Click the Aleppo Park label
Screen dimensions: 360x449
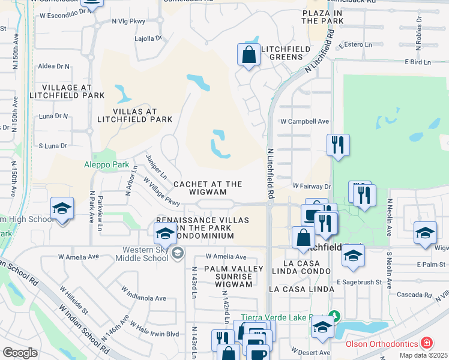click(x=107, y=164)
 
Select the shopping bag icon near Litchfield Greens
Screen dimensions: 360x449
click(x=248, y=56)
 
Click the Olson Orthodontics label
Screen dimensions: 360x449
click(x=382, y=344)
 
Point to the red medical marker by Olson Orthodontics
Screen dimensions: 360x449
click(x=426, y=343)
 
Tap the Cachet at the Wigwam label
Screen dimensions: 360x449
click(x=208, y=188)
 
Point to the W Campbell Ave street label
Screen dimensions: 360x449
click(x=305, y=121)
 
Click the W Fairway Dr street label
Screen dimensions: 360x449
click(x=312, y=187)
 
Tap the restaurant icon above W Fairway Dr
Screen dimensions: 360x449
click(x=338, y=145)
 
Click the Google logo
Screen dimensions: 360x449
click(x=20, y=353)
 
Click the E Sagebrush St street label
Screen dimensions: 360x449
click(x=359, y=282)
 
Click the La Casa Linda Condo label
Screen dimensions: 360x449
click(x=300, y=267)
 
